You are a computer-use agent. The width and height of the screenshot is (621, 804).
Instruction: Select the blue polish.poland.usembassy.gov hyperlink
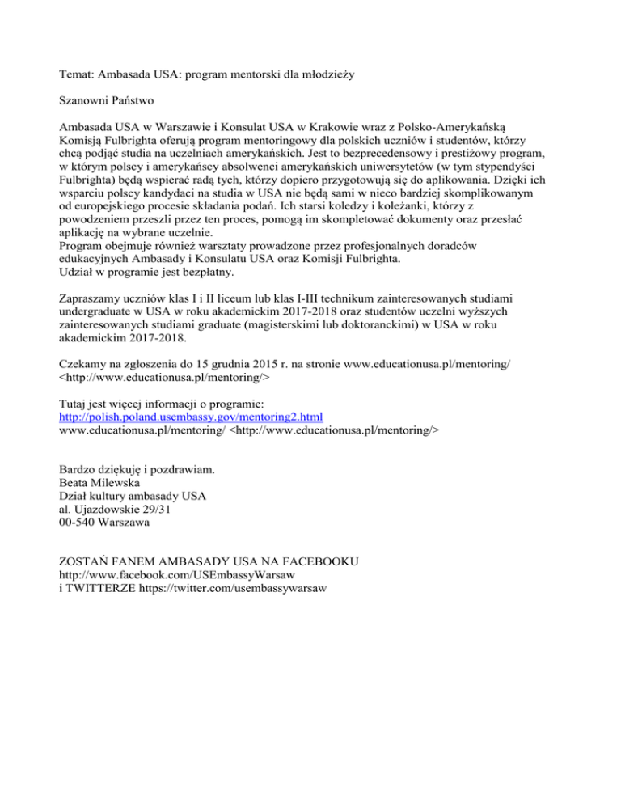tap(192, 417)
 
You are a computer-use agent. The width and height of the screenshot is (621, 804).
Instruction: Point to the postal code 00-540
tap(83, 523)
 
